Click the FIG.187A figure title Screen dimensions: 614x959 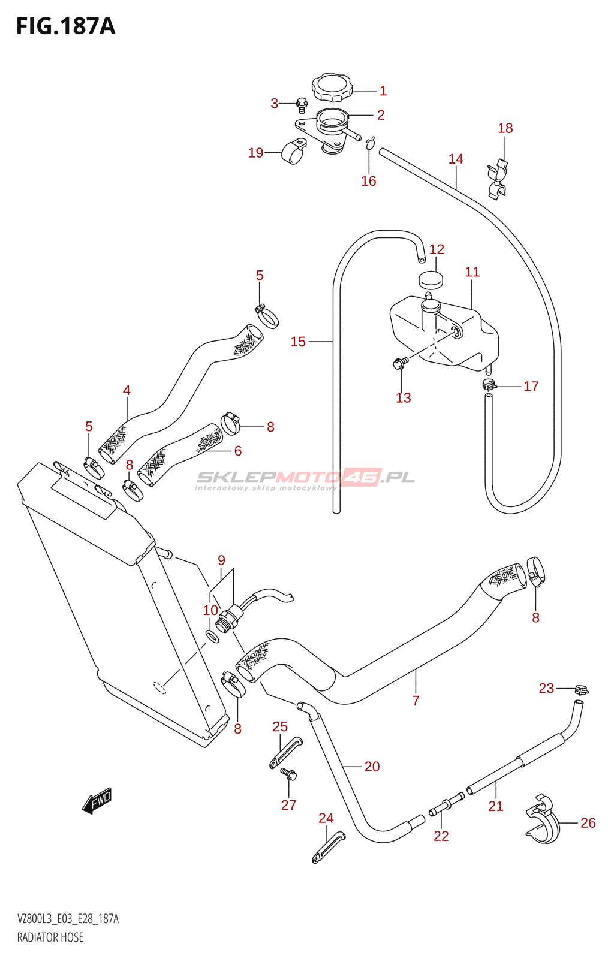pyautogui.click(x=65, y=26)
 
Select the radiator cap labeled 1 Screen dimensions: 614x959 pyautogui.click(x=332, y=87)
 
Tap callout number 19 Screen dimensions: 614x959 pyautogui.click(x=256, y=152)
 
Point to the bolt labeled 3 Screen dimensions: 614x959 pyautogui.click(x=302, y=102)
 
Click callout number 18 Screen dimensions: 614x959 pyautogui.click(x=505, y=128)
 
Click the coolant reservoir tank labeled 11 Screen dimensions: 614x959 pyautogui.click(x=444, y=332)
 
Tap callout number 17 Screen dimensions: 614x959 pyautogui.click(x=531, y=386)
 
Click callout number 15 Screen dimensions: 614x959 pyautogui.click(x=298, y=342)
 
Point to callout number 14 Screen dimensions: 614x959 pyautogui.click(x=456, y=159)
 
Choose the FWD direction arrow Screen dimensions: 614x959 pyautogui.click(x=97, y=801)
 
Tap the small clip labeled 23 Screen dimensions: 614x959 pyautogui.click(x=582, y=689)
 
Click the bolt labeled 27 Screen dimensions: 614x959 pyautogui.click(x=289, y=771)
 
